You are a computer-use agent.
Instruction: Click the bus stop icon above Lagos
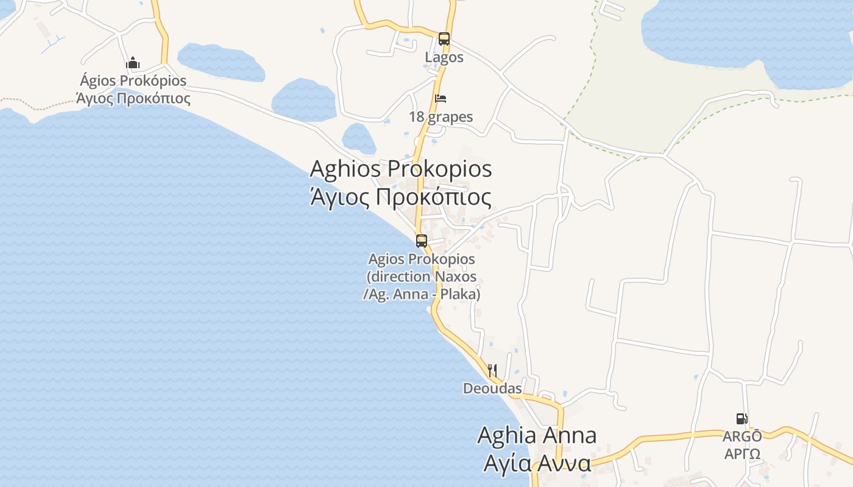[x=444, y=39]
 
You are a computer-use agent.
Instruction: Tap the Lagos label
[x=444, y=58]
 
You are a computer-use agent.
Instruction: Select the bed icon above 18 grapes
[x=441, y=98]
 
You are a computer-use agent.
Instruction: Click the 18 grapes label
[x=441, y=117]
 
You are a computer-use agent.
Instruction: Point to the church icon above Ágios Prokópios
[x=133, y=63]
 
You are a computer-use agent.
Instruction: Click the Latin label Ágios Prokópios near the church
[x=133, y=81]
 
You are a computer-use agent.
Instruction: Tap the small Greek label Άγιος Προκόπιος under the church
[x=133, y=98]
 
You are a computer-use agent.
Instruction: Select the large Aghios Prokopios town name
[x=400, y=169]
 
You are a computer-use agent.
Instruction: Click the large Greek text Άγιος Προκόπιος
[x=400, y=197]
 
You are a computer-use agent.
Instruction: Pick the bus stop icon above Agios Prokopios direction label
[x=422, y=240]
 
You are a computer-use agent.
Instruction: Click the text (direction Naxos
[x=422, y=276]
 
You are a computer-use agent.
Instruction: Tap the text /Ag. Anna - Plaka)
[x=422, y=294]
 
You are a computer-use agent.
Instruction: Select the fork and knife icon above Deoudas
[x=492, y=370]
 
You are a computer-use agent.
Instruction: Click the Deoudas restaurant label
[x=492, y=388]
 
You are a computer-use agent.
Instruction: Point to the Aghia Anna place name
[x=536, y=435]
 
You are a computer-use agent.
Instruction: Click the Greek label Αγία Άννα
[x=536, y=463]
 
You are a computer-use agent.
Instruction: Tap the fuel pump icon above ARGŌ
[x=742, y=418]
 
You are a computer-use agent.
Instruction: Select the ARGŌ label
[x=742, y=436]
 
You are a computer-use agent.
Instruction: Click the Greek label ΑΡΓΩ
[x=742, y=454]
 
